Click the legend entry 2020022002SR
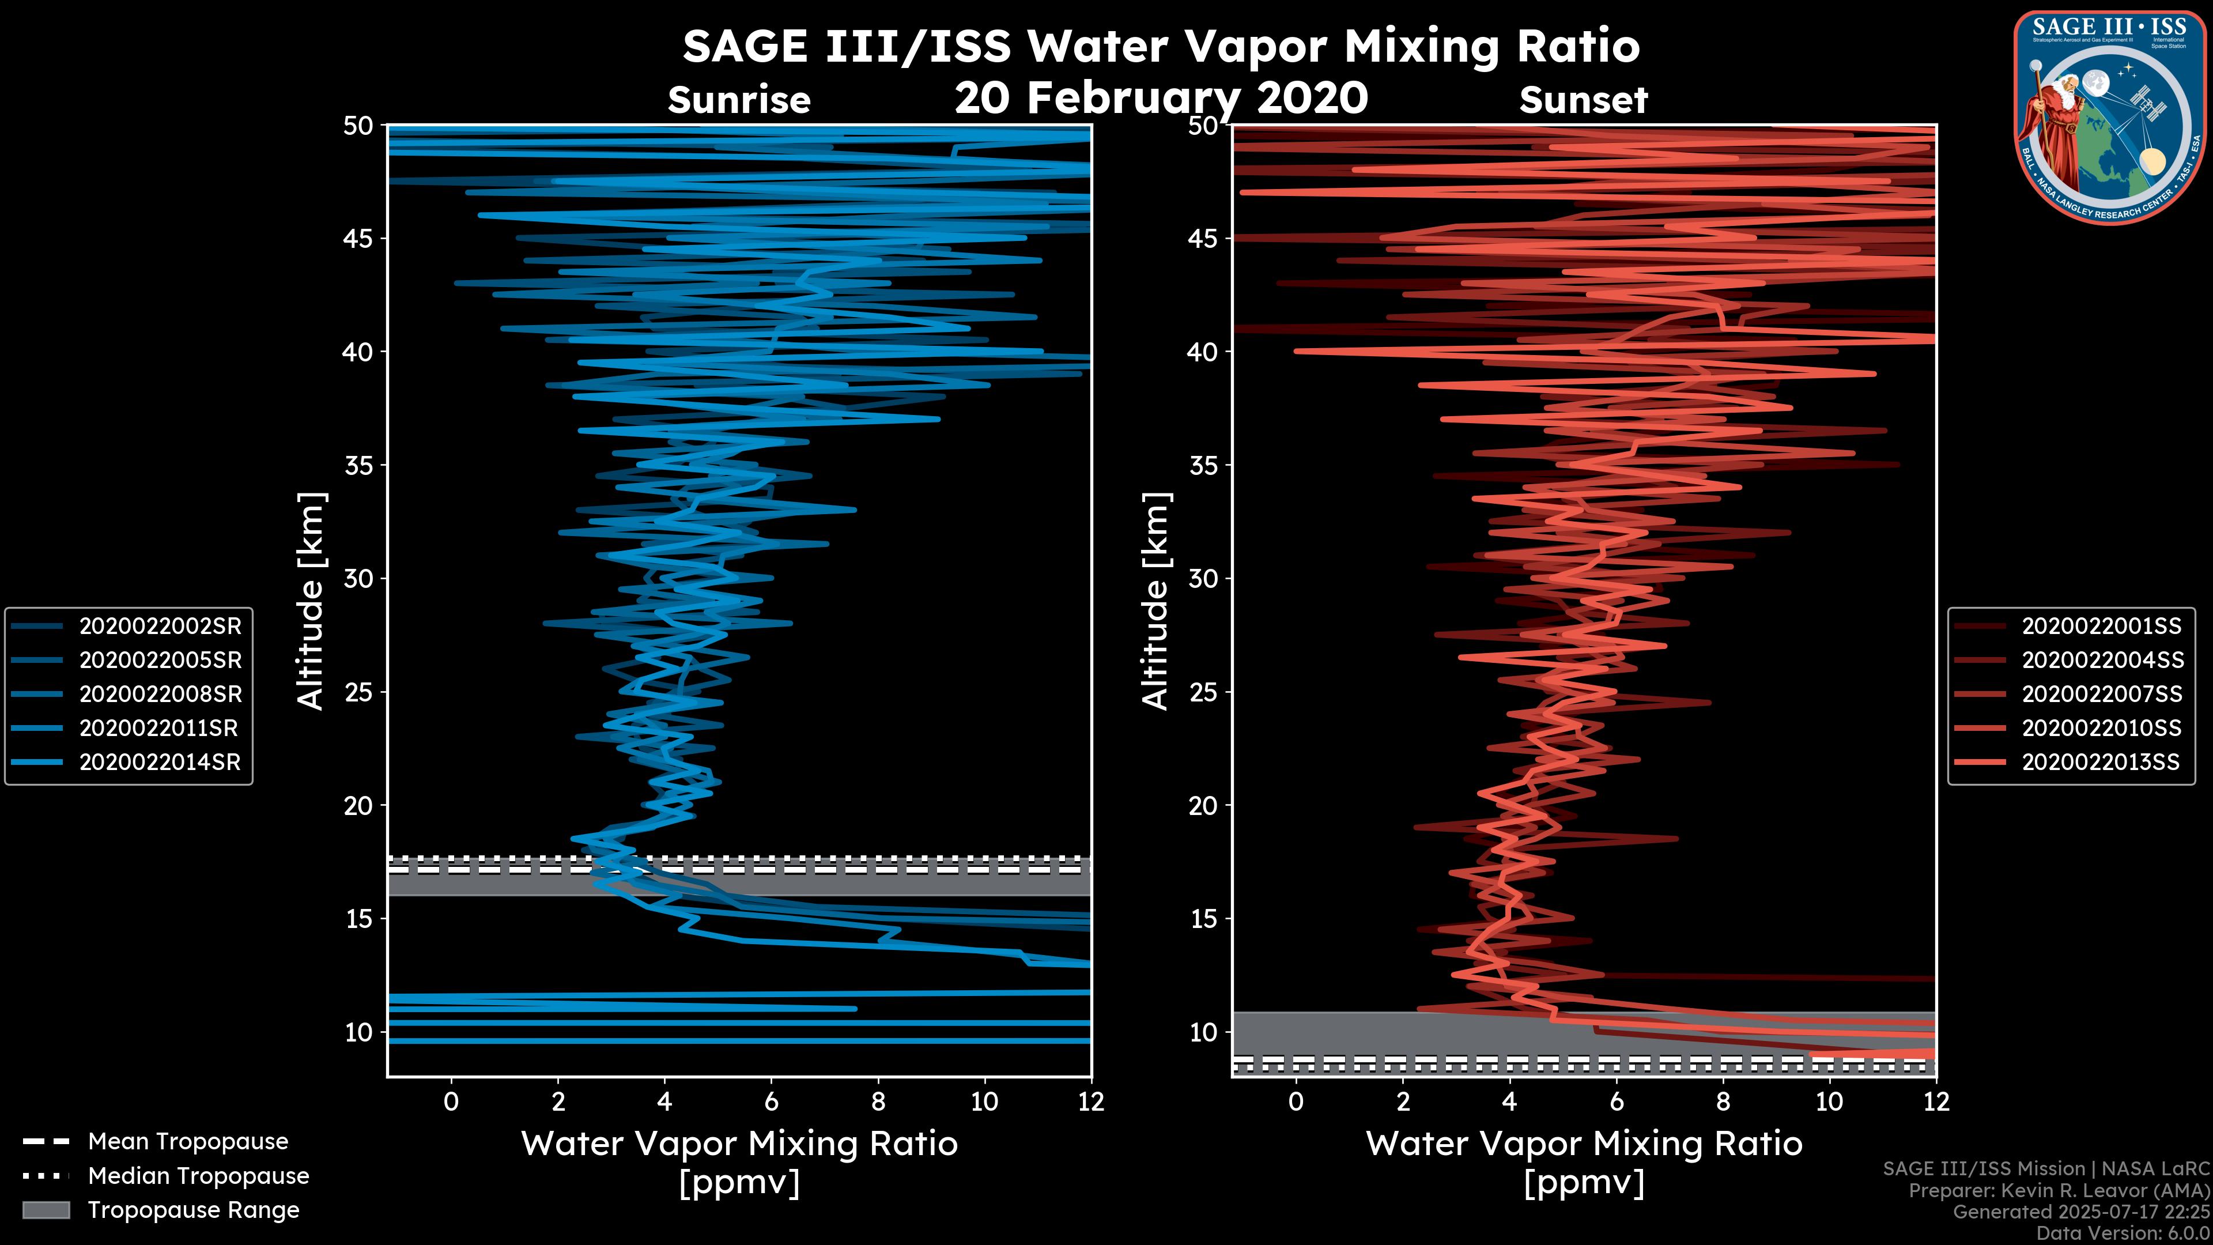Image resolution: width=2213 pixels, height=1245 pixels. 160,627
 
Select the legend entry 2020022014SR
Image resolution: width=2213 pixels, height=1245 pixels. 160,762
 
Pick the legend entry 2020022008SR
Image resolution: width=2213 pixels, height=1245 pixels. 160,694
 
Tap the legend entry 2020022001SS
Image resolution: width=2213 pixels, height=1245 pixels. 2101,627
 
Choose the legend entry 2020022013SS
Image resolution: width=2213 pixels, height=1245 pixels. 2101,762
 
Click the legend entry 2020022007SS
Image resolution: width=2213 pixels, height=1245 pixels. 2101,694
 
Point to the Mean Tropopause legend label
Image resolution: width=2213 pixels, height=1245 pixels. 187,1142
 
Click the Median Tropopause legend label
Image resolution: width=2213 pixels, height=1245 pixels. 198,1176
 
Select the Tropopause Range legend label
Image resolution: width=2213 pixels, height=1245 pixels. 193,1210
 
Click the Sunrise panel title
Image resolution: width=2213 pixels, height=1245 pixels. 739,100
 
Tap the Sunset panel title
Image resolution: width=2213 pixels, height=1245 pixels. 1583,100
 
